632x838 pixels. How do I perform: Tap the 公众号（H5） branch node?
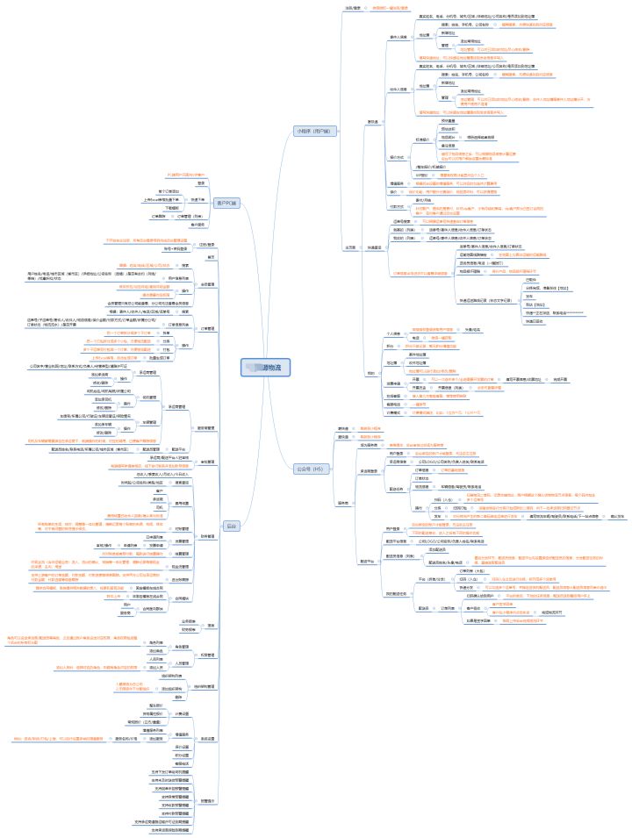[x=311, y=469]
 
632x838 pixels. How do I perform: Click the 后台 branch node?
[x=232, y=525]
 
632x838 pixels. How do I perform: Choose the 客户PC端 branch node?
[x=226, y=203]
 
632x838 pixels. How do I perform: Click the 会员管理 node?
[x=207, y=284]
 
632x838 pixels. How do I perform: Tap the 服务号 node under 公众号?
[x=344, y=501]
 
